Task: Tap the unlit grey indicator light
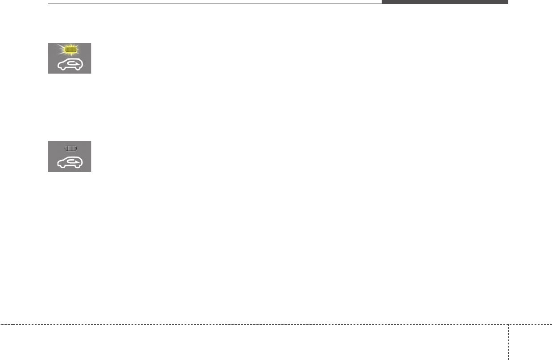[70, 148]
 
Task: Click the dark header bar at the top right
[445, 2]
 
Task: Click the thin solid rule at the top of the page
[214, 4]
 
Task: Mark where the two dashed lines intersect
[508, 324]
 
